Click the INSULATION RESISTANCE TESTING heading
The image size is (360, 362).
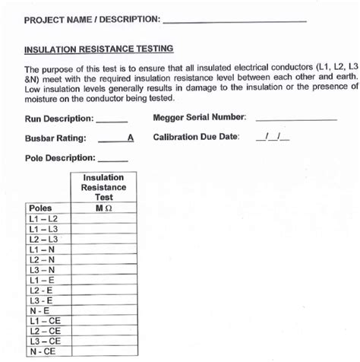click(x=99, y=49)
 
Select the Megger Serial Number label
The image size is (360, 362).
click(x=200, y=118)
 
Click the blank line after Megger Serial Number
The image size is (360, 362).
click(x=296, y=119)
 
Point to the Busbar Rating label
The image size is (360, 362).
click(x=55, y=138)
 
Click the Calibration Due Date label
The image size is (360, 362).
click(x=196, y=138)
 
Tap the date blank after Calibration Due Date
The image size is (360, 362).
click(x=273, y=138)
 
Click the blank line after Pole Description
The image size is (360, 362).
click(x=113, y=160)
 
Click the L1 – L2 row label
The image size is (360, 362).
click(x=43, y=218)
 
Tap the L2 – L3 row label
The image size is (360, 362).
click(x=43, y=239)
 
